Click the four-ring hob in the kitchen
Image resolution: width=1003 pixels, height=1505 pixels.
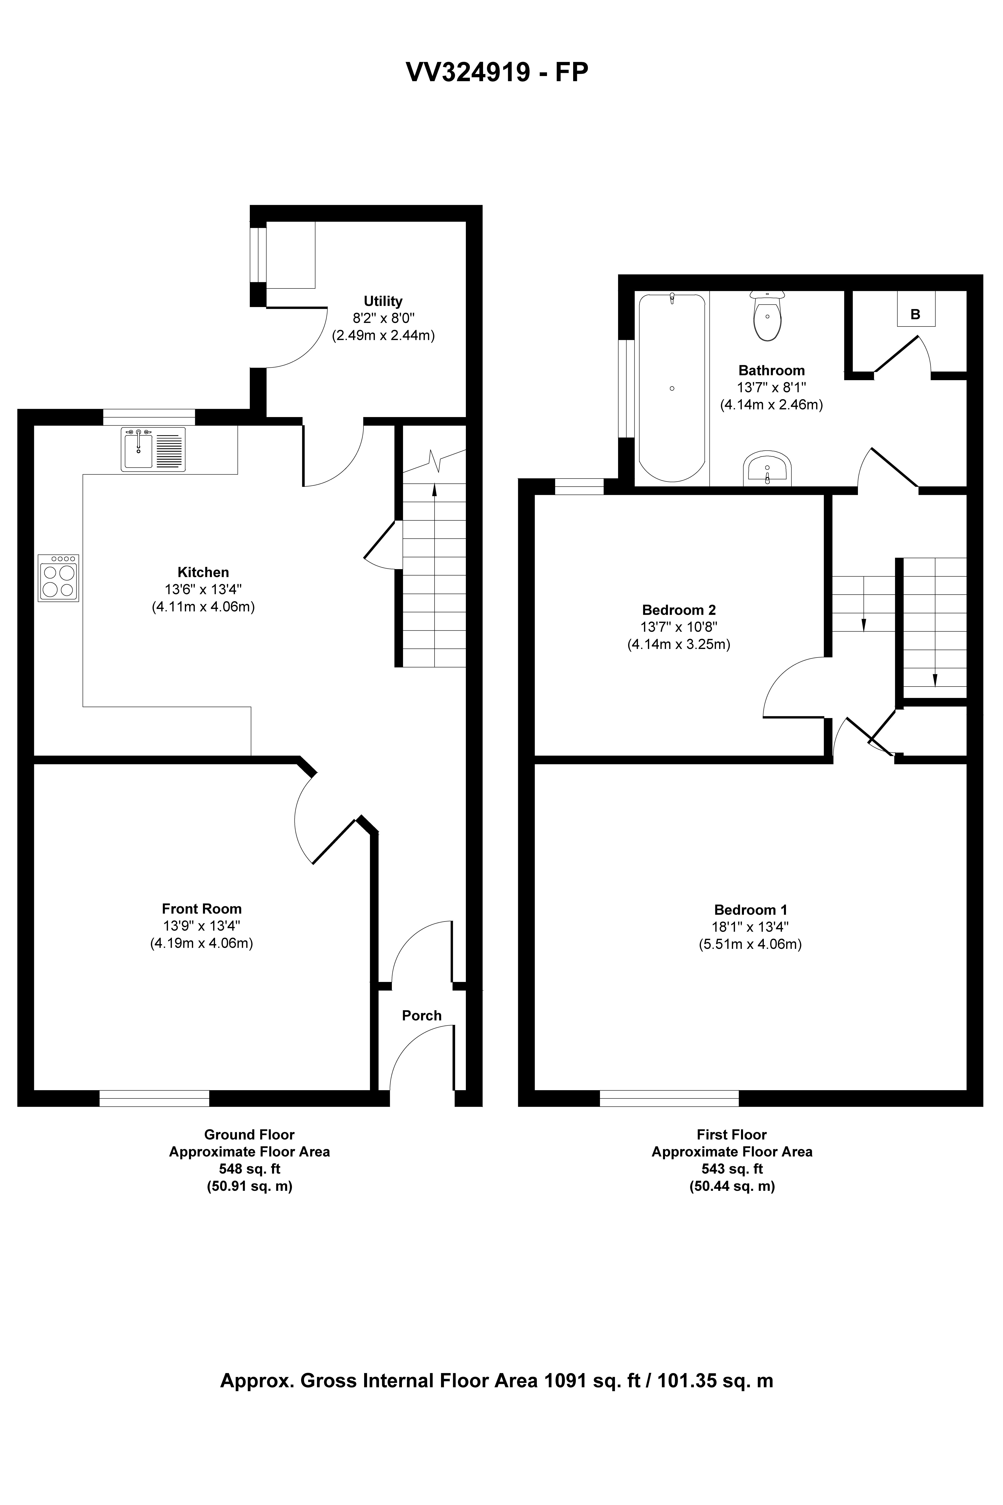(58, 578)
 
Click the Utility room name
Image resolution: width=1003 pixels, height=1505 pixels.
(383, 301)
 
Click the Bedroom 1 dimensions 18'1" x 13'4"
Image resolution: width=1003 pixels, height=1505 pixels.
(750, 926)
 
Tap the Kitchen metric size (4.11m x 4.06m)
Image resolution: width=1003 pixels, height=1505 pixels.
(203, 607)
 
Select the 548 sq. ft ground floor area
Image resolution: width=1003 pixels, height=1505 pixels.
(249, 1169)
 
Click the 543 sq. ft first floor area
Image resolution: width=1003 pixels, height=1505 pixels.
(732, 1169)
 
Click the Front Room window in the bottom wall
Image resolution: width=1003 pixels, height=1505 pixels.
(154, 1098)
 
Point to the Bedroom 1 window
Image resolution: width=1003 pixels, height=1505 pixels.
(669, 1098)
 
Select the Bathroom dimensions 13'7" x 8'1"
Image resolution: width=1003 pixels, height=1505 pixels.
(771, 387)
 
